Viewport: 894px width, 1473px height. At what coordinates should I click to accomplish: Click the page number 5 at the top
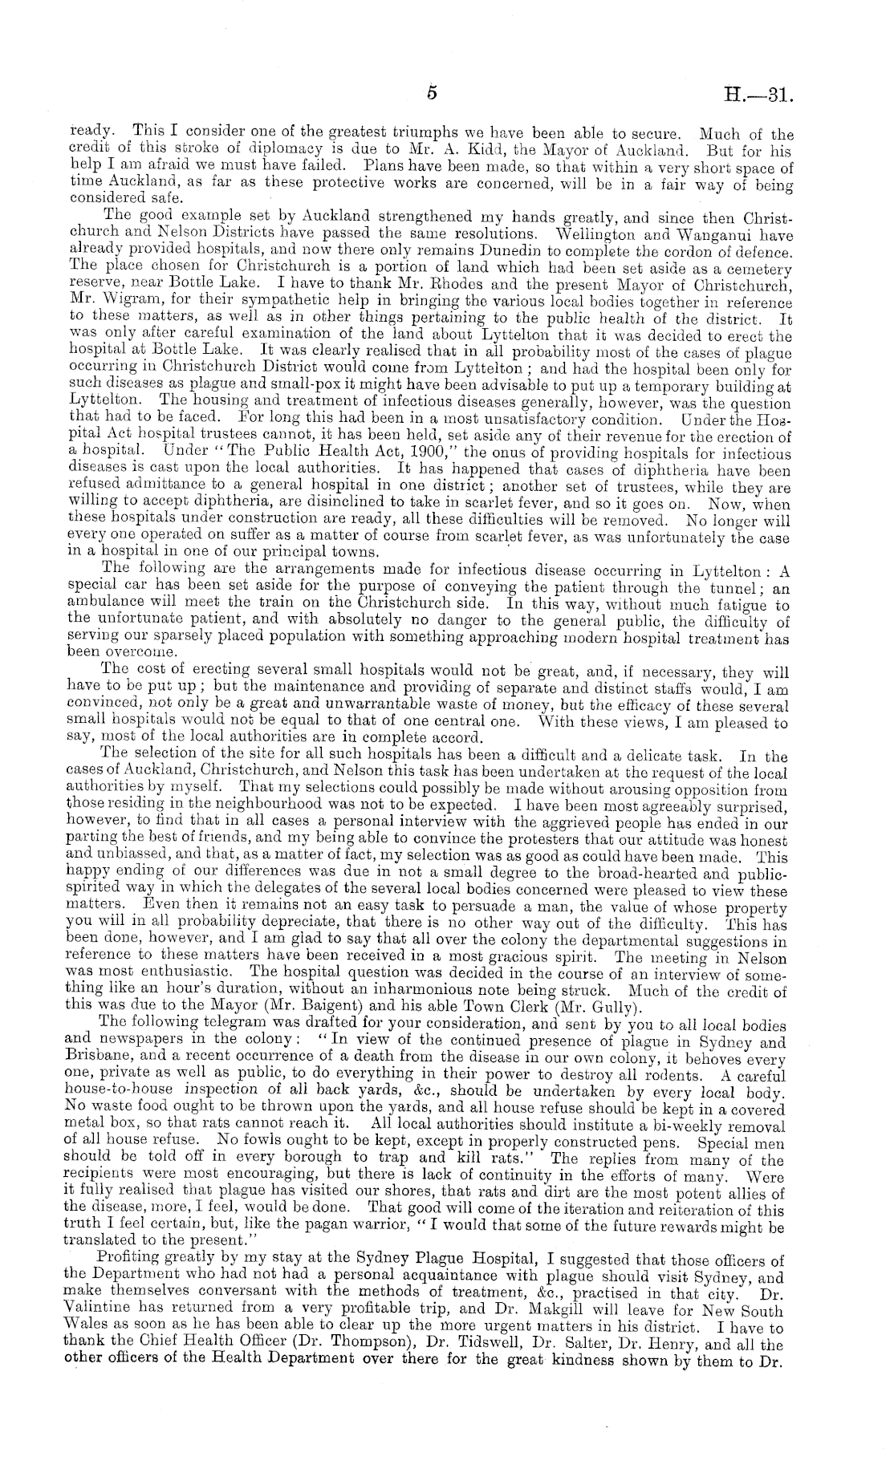[431, 94]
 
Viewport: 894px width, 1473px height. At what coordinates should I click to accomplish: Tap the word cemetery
[757, 268]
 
